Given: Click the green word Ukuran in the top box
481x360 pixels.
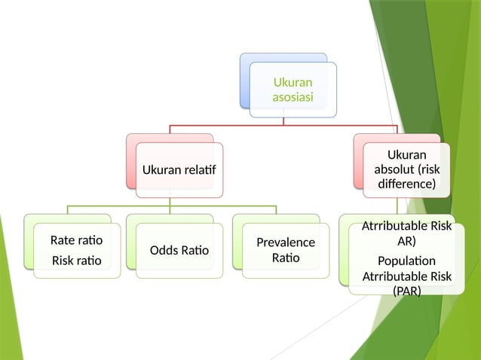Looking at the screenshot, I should [293, 82].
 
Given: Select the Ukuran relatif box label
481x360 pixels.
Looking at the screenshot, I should [179, 170].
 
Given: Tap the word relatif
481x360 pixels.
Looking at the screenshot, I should [198, 170].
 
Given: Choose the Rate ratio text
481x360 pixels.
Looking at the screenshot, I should [76, 241].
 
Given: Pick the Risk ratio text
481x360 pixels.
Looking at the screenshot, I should [75, 261].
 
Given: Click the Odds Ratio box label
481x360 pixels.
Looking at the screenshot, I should [179, 250].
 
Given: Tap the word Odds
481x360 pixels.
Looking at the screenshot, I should [164, 250].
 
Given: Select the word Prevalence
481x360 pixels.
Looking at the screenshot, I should [286, 243].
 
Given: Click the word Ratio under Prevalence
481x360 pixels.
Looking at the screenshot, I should [286, 258].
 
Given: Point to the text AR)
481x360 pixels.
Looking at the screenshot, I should [407, 241].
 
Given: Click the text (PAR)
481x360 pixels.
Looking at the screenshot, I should [407, 291].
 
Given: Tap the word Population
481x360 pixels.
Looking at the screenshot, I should [407, 261].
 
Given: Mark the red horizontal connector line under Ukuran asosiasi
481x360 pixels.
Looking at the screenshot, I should [226, 124].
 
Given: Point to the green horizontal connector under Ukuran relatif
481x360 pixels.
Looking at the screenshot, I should [121, 205].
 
